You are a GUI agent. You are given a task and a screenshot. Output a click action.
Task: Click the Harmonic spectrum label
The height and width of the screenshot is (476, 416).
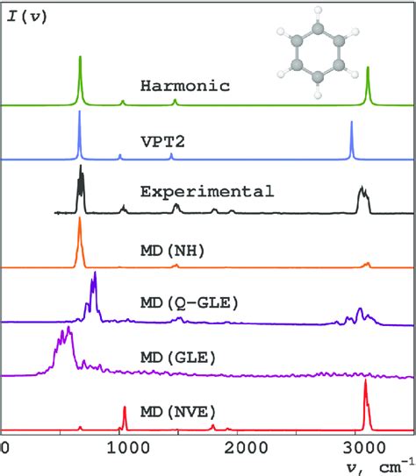(184, 86)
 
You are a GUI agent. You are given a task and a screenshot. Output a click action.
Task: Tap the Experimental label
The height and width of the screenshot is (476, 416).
(207, 191)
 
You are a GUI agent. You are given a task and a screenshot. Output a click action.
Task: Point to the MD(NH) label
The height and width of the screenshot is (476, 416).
(172, 251)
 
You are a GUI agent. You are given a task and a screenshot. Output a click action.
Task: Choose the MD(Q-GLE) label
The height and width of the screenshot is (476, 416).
(190, 303)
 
